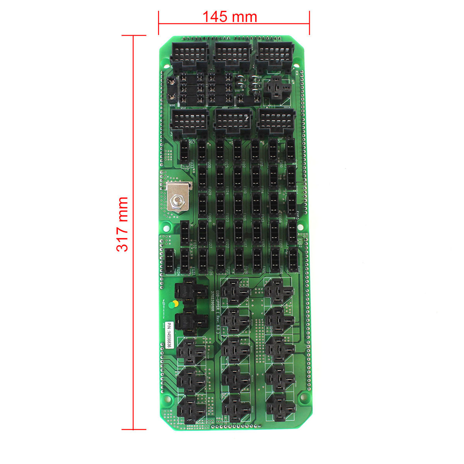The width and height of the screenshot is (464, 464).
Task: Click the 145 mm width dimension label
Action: [x=230, y=17]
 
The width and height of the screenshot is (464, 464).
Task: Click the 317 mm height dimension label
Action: [x=122, y=224]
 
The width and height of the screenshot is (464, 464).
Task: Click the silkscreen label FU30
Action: [x=209, y=165]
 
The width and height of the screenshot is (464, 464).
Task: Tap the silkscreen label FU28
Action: [x=209, y=219]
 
